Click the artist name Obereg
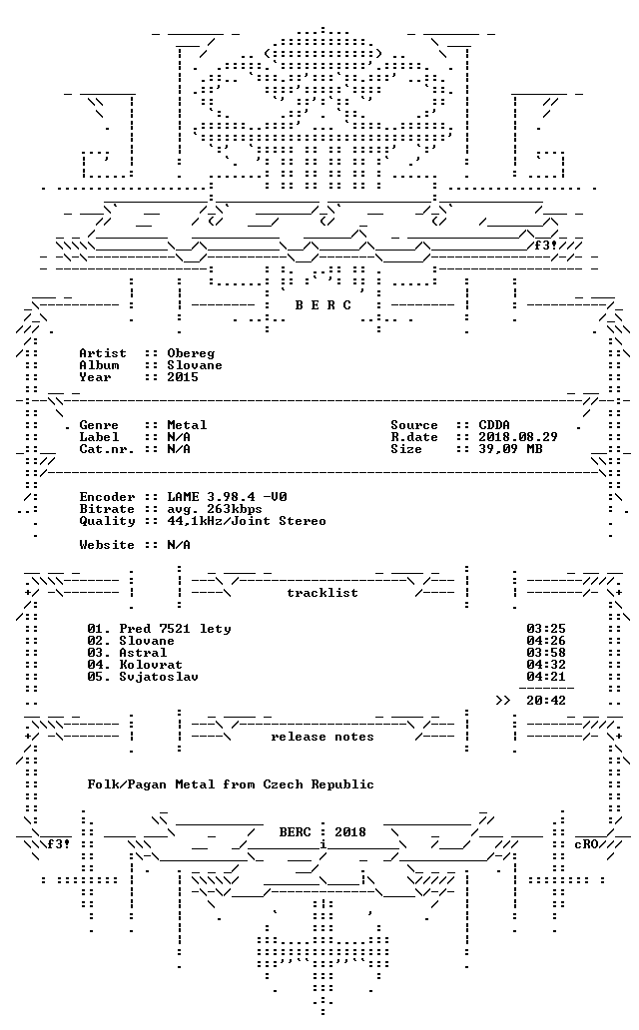point(191,354)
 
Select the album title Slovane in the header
point(195,365)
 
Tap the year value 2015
point(183,377)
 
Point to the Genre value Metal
point(187,425)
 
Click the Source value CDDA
point(494,425)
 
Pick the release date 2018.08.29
point(518,437)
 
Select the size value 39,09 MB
point(510,449)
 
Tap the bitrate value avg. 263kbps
point(215,509)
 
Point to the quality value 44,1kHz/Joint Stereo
point(247,521)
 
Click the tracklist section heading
point(322,593)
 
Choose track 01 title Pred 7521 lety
point(175,629)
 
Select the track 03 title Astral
point(143,653)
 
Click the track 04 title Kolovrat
point(151,664)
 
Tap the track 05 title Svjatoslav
point(159,677)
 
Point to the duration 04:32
point(546,664)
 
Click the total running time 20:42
point(546,701)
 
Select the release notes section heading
point(322,737)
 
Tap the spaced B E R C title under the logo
point(322,305)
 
